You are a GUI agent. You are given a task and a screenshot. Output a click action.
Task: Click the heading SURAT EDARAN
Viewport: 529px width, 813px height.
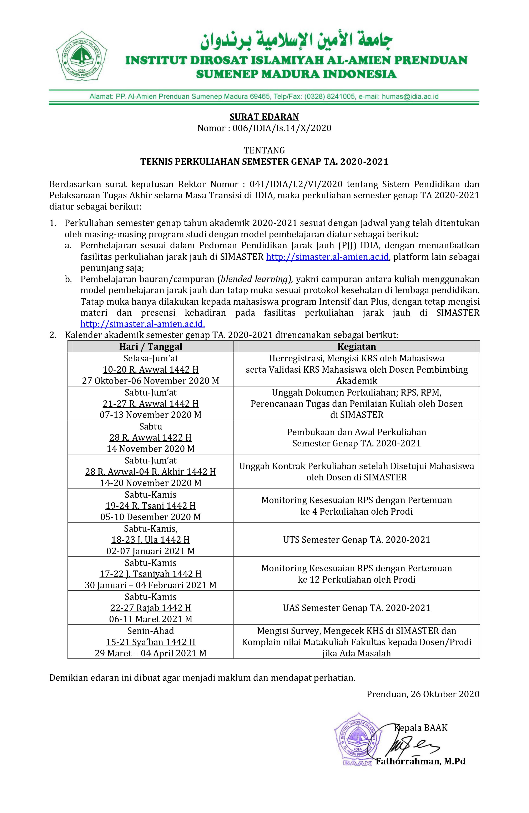pos(264,117)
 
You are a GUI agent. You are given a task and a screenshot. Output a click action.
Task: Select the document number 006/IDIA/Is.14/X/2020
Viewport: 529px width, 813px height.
pos(282,128)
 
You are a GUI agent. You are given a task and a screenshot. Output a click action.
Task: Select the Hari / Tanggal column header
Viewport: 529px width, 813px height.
pos(151,346)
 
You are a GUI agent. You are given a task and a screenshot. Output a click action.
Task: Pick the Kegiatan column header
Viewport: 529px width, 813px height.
pos(357,346)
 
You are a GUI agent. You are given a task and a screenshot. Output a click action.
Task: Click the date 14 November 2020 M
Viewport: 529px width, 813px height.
pos(151,449)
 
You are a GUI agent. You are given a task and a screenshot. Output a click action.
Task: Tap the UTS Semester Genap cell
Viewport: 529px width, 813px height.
pos(357,539)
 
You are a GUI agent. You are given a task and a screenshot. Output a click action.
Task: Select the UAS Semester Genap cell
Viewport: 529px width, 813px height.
pos(357,608)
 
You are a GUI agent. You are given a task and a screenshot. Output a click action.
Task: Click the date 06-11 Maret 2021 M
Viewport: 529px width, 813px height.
pos(151,619)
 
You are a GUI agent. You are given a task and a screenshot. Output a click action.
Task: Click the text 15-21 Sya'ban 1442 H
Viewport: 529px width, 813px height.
pos(151,642)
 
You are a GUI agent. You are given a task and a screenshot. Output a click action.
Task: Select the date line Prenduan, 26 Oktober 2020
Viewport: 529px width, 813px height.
pos(423,694)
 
